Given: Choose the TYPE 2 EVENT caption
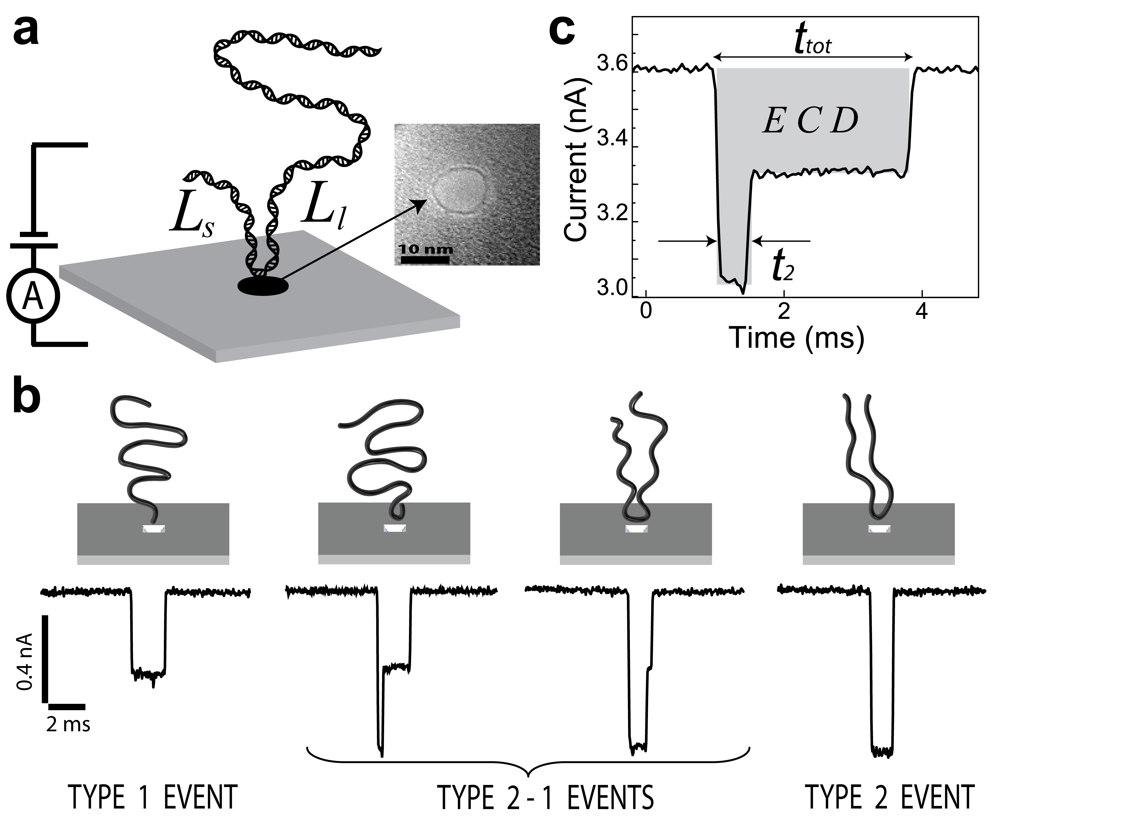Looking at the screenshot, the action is (890, 797).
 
